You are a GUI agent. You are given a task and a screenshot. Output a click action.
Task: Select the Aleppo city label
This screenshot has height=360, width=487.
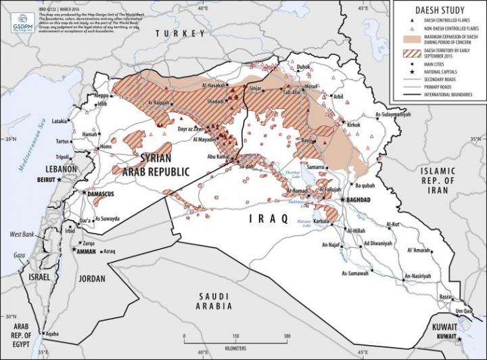click(x=101, y=96)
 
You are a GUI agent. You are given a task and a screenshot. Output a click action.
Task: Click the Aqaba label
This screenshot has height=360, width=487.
click(x=49, y=334)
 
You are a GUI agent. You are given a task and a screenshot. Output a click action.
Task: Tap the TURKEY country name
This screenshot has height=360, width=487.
click(x=179, y=33)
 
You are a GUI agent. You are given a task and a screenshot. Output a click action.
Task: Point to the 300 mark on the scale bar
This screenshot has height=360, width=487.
click(x=287, y=336)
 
